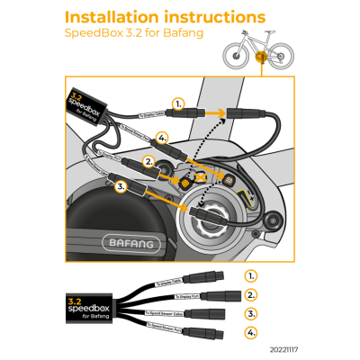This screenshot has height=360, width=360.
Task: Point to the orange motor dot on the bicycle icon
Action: tap(260, 58)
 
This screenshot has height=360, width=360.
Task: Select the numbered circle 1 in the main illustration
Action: tap(178, 105)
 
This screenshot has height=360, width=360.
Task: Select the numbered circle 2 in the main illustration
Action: tap(149, 162)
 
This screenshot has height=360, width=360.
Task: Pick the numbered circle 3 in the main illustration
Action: tap(122, 186)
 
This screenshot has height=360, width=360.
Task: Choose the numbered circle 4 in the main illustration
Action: tap(162, 137)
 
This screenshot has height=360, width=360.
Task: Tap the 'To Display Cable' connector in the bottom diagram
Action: tap(220, 278)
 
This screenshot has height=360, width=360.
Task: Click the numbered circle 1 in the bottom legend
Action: tap(251, 275)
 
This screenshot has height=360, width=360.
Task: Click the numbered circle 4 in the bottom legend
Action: tap(251, 334)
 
